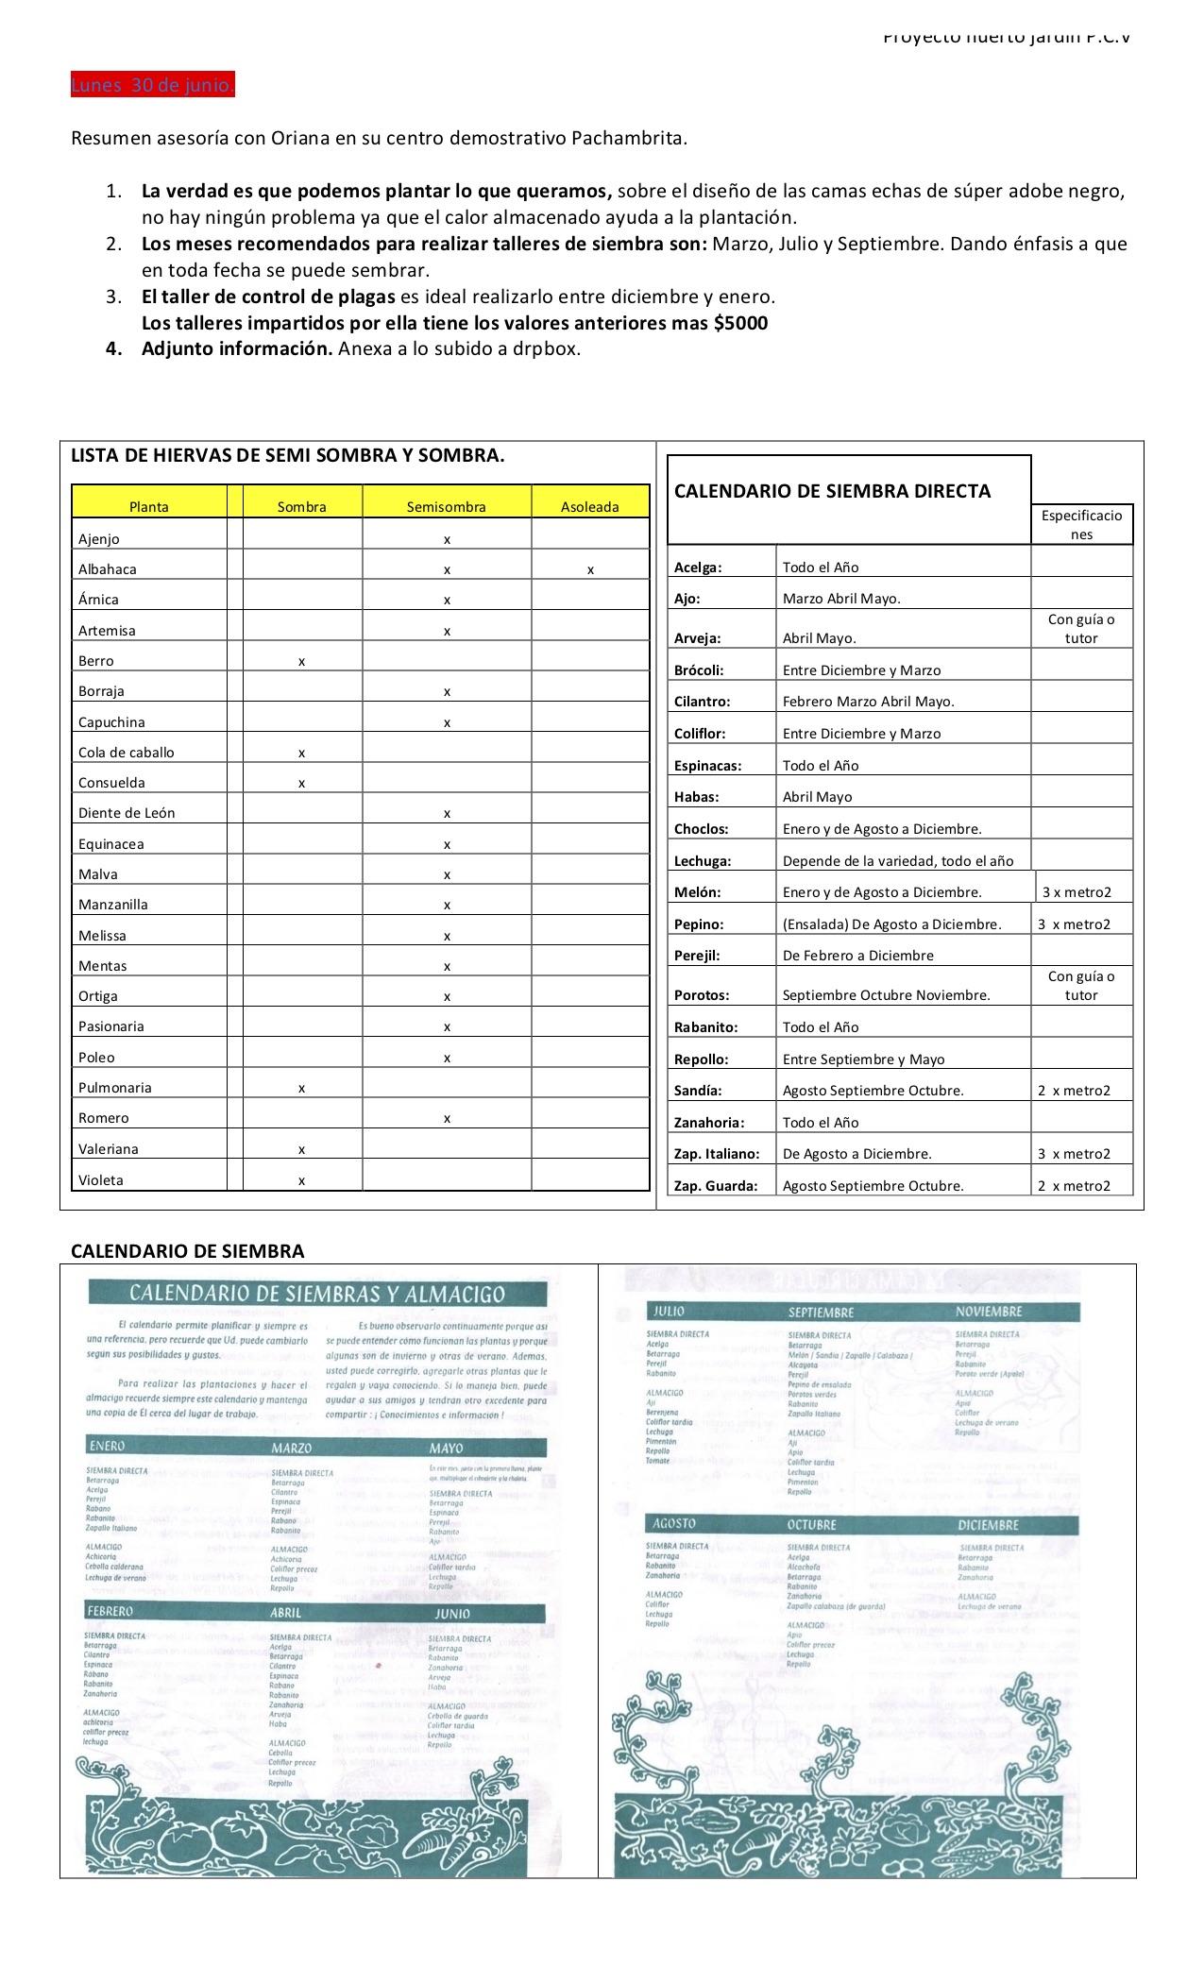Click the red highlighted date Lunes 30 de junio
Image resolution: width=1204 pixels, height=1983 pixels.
152,86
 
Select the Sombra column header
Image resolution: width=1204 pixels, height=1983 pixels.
301,507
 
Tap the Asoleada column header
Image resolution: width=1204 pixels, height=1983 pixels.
589,507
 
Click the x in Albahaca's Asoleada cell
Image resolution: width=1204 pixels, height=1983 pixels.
590,570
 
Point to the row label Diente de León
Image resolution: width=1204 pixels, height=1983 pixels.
127,813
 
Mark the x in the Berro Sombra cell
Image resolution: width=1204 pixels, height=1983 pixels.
301,662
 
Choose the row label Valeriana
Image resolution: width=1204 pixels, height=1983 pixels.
109,1149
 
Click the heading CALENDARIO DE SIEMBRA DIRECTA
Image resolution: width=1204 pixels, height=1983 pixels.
832,491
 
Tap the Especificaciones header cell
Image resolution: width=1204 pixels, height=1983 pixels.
1081,525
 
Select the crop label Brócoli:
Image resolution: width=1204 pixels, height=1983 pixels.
699,670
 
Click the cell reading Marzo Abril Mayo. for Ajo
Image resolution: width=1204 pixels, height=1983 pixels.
841,599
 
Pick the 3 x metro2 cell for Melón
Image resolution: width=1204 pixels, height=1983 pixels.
1077,892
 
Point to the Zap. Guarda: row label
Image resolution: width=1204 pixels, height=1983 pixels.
716,1186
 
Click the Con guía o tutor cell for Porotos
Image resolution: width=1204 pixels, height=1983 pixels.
1081,986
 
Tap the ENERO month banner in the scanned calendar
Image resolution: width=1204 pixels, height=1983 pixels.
108,1446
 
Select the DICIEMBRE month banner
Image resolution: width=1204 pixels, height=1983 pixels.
988,1525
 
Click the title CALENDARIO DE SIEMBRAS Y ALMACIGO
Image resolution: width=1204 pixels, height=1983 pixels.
317,1294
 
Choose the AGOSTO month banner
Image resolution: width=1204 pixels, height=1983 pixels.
674,1524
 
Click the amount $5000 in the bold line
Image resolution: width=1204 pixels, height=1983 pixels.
740,323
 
